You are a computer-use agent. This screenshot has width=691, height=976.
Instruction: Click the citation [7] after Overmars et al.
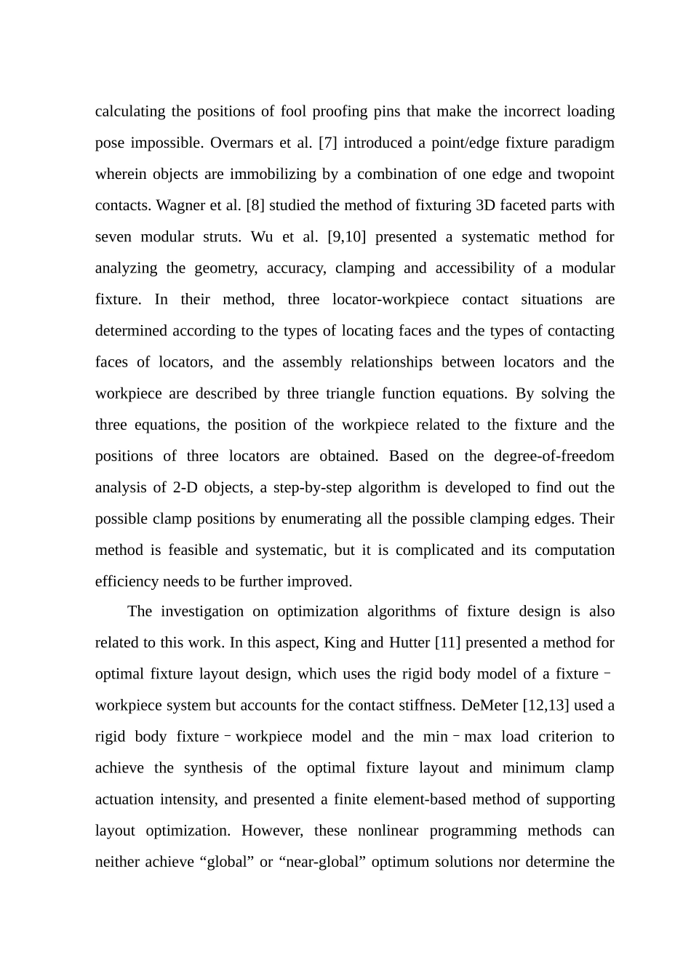pyautogui.click(x=327, y=143)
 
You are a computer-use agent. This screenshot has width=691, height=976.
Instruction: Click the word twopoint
pyautogui.click(x=586, y=175)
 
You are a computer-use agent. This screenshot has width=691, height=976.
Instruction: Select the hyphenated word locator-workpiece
pyautogui.click(x=388, y=300)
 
